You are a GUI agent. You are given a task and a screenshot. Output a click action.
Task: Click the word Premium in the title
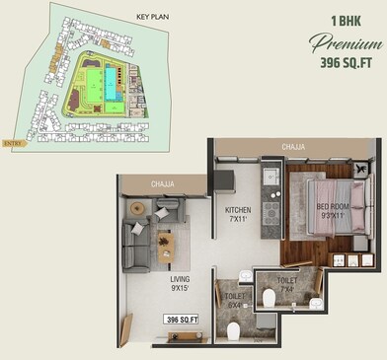345,43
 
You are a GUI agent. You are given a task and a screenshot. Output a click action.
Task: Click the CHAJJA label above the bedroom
292,147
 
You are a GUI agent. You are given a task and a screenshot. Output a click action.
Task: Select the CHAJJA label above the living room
163,183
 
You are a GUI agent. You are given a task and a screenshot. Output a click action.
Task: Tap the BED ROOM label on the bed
333,210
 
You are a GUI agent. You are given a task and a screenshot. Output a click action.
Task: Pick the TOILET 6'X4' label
235,300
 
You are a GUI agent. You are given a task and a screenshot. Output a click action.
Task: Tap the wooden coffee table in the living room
166,246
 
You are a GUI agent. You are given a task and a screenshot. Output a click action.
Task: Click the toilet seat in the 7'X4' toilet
269,298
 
